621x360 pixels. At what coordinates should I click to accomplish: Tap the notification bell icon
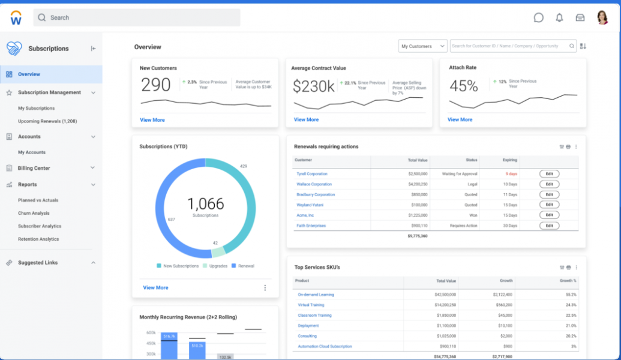click(x=559, y=17)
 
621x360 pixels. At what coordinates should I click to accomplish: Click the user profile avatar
click(x=602, y=17)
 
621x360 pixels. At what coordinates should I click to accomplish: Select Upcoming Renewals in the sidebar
click(x=47, y=121)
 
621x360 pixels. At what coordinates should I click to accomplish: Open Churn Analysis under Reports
click(x=34, y=213)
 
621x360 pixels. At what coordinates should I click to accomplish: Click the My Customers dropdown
click(x=423, y=46)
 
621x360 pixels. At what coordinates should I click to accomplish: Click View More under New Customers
click(x=152, y=120)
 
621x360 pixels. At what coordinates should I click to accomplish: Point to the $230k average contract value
click(x=313, y=86)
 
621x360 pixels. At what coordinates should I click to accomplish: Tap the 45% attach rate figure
click(x=464, y=86)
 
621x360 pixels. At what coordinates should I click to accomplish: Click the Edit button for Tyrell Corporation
click(x=549, y=174)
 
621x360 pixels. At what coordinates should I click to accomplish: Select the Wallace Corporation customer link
click(x=314, y=184)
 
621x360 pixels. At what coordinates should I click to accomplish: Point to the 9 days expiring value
click(x=511, y=174)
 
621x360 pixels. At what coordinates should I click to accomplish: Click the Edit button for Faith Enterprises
click(x=549, y=226)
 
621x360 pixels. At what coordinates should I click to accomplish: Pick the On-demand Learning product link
click(x=316, y=295)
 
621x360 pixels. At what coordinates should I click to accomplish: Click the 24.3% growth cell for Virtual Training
click(x=571, y=305)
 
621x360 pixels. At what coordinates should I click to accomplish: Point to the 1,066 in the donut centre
click(x=205, y=204)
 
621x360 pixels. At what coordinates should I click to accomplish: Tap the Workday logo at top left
click(x=16, y=18)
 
